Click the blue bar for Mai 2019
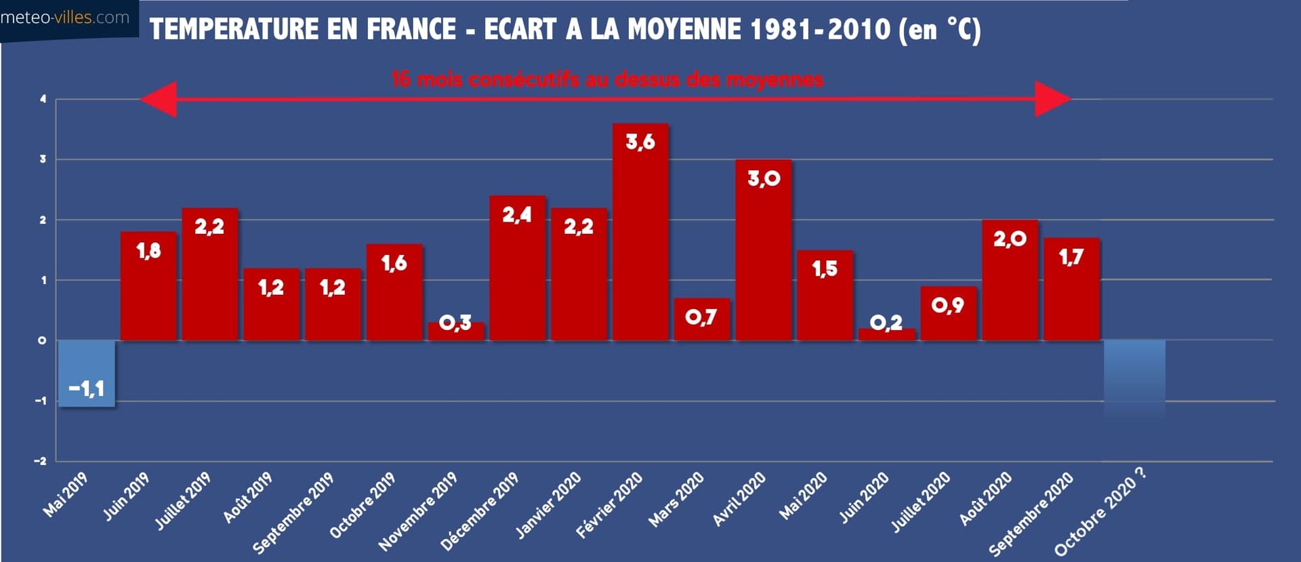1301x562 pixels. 86,373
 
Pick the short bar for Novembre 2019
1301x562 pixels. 456,332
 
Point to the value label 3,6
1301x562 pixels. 640,142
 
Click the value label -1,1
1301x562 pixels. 86,388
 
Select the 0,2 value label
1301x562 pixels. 886,322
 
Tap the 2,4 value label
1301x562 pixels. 517,215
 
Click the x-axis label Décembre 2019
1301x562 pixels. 480,512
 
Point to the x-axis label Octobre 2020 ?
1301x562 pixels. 1101,512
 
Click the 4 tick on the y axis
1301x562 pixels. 43,99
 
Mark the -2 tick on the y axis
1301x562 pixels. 41,461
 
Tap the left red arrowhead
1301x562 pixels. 160,100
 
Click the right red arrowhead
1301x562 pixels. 1052,99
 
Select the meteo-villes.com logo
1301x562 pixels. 65,18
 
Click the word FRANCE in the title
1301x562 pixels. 411,29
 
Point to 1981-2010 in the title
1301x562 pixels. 821,29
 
